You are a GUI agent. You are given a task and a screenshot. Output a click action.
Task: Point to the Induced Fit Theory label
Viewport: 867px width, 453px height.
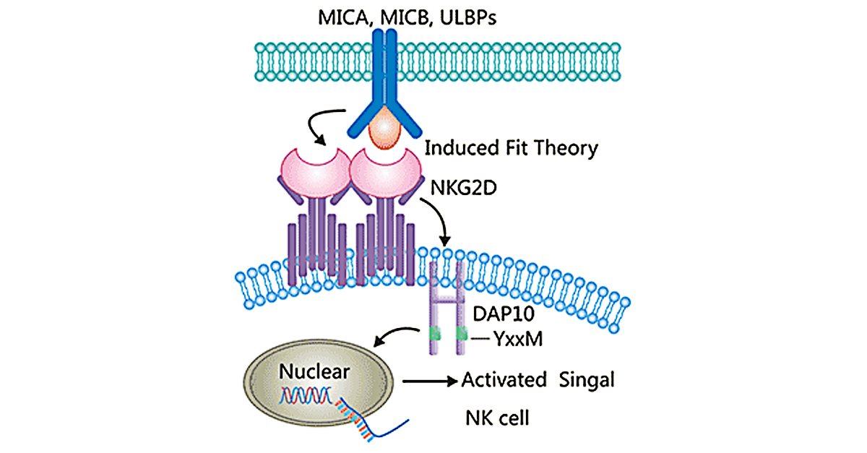(511, 149)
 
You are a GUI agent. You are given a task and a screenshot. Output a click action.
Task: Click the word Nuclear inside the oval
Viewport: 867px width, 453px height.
(314, 372)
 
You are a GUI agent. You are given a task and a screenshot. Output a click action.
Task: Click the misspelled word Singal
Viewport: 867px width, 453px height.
(587, 379)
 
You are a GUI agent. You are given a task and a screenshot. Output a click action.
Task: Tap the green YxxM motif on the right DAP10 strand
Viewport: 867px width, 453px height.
(460, 335)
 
